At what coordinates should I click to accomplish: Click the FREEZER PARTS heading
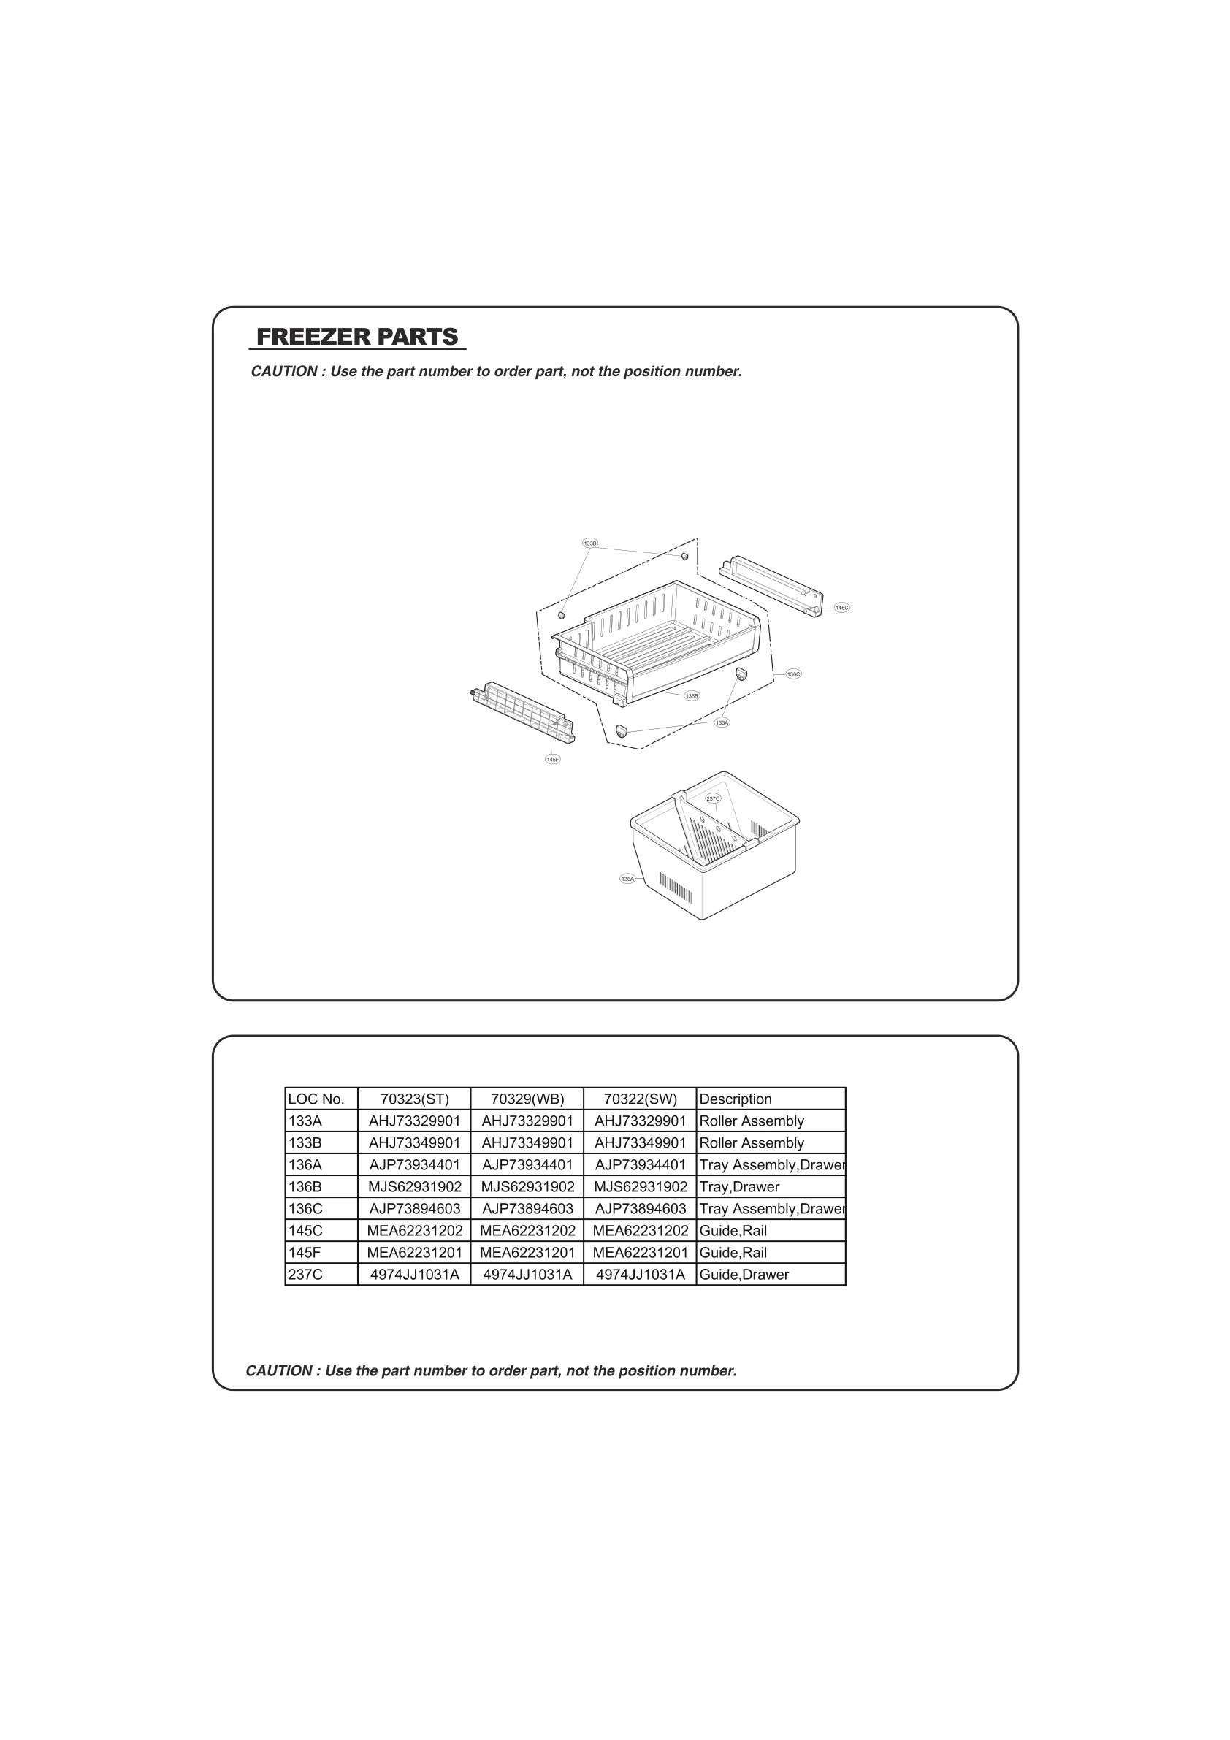tap(357, 337)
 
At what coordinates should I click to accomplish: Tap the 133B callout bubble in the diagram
tap(590, 543)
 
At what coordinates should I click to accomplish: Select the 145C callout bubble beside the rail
tap(841, 607)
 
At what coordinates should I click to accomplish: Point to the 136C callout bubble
tap(792, 674)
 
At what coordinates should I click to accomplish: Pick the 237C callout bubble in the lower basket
tap(712, 798)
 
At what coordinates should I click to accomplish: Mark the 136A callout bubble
tap(627, 878)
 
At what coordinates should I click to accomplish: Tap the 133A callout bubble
tap(722, 722)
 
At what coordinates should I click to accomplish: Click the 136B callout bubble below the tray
tap(691, 695)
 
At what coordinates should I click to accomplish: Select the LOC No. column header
tap(316, 1099)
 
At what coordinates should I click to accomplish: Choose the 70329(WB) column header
tap(527, 1099)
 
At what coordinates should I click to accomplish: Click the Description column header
tap(735, 1099)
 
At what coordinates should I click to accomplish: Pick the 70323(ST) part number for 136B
tap(415, 1187)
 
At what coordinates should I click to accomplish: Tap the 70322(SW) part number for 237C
tap(641, 1275)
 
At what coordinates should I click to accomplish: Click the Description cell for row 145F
tap(733, 1253)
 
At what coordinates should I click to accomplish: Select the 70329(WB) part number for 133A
tap(527, 1121)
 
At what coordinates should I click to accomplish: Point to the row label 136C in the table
tap(305, 1209)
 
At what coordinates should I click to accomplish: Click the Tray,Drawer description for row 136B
tap(739, 1187)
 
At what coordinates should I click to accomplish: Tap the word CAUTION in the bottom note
tap(279, 1371)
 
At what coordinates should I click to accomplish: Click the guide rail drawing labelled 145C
tap(769, 586)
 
